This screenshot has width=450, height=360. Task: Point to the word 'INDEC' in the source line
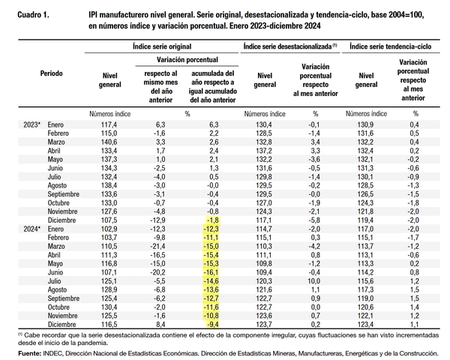55,352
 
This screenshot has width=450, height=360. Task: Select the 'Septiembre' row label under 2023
64,193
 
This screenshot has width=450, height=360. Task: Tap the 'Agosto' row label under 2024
59,289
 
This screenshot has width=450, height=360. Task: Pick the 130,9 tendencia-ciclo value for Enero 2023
365,124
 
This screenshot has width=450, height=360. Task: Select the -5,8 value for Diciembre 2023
314,220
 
